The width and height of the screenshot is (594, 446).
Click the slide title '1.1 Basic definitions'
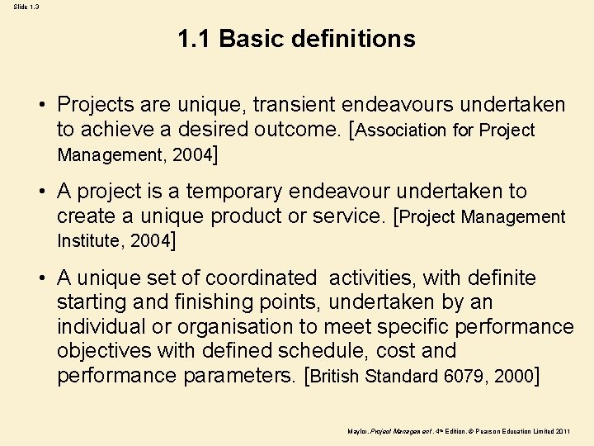[x=296, y=39]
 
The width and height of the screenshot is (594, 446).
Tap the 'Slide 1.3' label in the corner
[x=25, y=7]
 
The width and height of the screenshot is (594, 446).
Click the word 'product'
[x=247, y=216]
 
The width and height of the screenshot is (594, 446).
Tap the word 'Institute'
[x=90, y=241]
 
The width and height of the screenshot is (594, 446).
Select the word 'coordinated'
[x=260, y=278]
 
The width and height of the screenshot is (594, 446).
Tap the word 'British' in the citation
[x=337, y=377]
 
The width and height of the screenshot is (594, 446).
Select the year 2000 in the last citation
[x=512, y=377]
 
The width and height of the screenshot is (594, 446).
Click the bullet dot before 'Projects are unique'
[x=40, y=106]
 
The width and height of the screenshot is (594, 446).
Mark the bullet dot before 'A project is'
[x=40, y=192]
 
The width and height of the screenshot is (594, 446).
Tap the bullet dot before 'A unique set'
[x=40, y=279]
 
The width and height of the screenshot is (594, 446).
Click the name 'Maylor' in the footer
[x=358, y=431]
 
